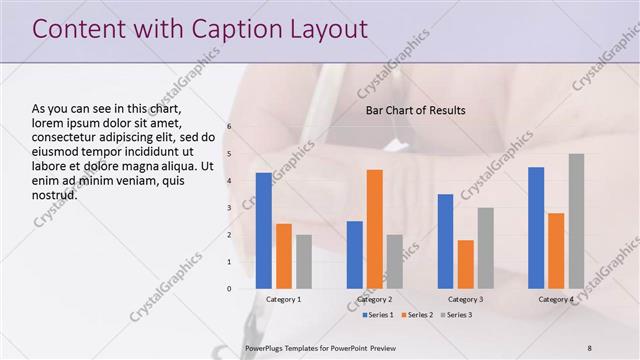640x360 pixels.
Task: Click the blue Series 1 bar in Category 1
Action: coord(263,231)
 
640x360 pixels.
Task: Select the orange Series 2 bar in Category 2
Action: coord(374,229)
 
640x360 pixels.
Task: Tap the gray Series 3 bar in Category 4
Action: coord(576,221)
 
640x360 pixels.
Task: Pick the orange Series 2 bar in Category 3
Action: coord(465,264)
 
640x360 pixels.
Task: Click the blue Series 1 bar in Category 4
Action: coord(536,228)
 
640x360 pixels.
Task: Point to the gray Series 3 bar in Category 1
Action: coord(303,262)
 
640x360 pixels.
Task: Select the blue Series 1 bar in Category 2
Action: coord(354,255)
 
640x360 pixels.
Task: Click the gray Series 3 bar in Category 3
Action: coord(485,248)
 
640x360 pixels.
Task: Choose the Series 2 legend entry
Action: coord(417,315)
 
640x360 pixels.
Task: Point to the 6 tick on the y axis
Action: coord(229,127)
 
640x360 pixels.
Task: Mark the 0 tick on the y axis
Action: coord(229,289)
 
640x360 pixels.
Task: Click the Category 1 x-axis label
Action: coord(283,299)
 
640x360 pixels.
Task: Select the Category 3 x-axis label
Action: coord(465,299)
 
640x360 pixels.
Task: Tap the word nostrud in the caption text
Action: coord(55,194)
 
